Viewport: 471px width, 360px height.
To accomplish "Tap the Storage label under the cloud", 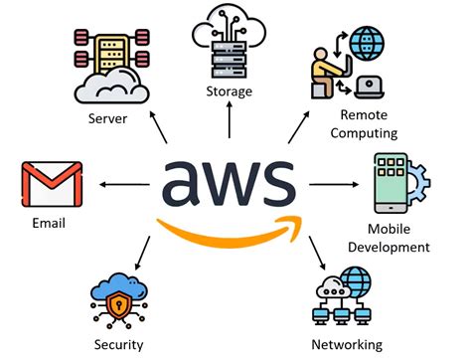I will tap(229, 91).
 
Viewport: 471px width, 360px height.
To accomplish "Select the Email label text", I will tap(48, 223).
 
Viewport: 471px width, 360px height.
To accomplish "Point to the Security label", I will tap(120, 345).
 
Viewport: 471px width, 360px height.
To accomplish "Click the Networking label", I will tap(348, 345).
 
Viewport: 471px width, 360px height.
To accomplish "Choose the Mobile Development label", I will tap(409, 239).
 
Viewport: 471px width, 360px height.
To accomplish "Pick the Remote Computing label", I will tap(365, 124).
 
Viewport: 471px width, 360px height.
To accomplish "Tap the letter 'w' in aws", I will tap(230, 182).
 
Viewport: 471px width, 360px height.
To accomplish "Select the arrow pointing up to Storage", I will tap(229, 120).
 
